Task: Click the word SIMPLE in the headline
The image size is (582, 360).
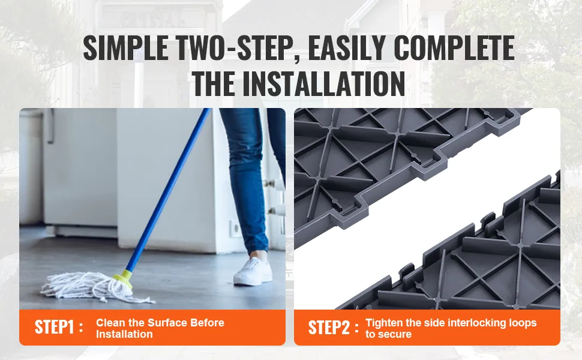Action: [125, 48]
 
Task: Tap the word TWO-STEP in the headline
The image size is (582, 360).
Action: [236, 48]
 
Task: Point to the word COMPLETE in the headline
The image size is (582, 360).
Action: [454, 48]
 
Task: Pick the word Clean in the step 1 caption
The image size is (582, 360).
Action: [108, 323]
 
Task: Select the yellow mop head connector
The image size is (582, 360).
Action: [124, 279]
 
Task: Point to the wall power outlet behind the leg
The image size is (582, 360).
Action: [236, 229]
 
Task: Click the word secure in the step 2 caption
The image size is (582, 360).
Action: [395, 334]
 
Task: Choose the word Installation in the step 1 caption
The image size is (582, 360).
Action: [124, 334]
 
